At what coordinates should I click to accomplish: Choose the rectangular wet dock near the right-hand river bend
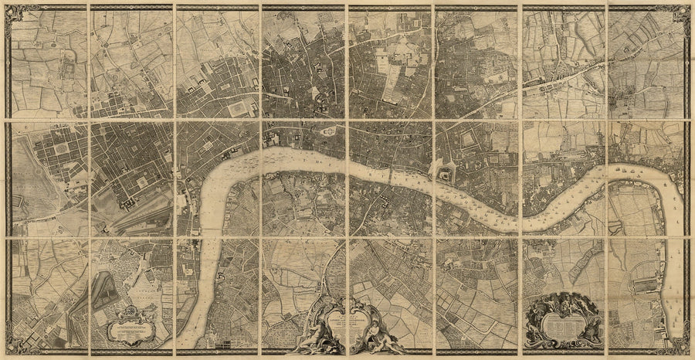pos(645,287)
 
